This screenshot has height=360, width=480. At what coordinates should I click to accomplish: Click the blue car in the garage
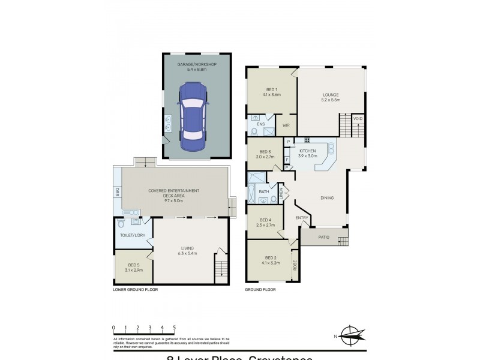point(194,116)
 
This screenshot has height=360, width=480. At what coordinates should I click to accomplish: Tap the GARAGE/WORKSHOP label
point(196,64)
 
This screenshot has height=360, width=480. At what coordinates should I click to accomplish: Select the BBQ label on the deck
point(118,192)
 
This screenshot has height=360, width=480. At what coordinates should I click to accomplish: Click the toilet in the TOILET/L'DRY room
point(121,224)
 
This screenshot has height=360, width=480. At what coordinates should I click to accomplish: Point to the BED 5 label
point(133,265)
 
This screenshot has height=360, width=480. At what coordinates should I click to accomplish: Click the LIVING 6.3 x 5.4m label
point(188,250)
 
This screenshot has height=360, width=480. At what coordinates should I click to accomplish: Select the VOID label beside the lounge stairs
point(358,119)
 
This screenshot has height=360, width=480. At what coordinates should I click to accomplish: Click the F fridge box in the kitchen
point(288,160)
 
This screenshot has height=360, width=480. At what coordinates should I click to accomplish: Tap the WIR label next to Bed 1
point(286,125)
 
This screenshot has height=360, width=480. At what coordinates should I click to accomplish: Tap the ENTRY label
point(301,218)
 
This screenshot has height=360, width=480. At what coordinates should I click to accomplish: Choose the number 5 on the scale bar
point(174,328)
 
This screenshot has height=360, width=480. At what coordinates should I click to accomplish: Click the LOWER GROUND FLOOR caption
point(134,290)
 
